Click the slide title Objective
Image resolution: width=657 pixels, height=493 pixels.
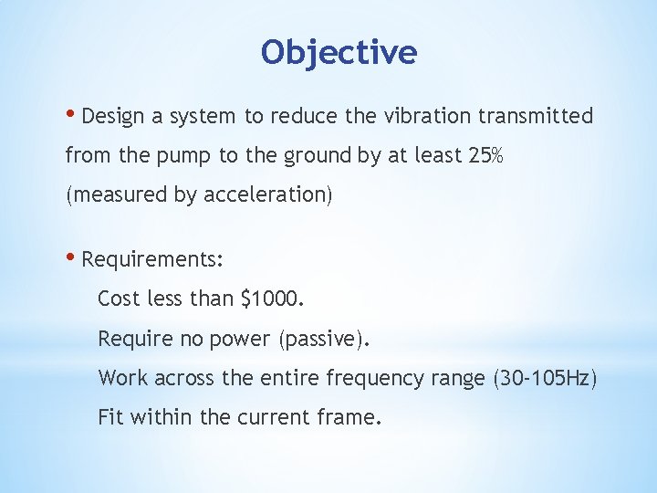pyautogui.click(x=339, y=52)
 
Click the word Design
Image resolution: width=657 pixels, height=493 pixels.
pyautogui.click(x=110, y=117)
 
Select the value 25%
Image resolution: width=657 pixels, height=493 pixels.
pyautogui.click(x=484, y=155)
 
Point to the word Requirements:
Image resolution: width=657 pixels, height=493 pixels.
pyautogui.click(x=151, y=260)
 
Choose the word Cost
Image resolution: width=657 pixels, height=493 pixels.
pyautogui.click(x=119, y=299)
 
